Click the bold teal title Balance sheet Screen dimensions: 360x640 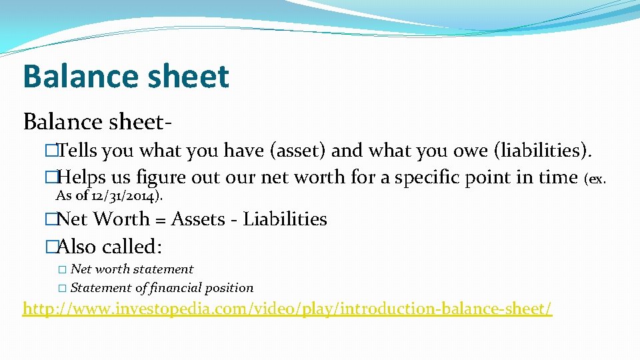point(125,77)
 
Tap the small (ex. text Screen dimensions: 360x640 point(595,179)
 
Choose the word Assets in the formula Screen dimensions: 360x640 point(198,219)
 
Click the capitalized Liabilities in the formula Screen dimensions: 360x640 point(285,219)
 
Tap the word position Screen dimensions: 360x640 point(231,288)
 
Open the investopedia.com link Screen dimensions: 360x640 point(287,309)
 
